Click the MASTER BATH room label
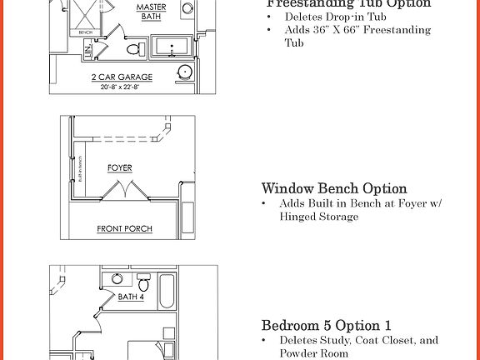coord(152,11)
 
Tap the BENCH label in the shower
coord(84,32)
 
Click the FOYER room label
coord(120,168)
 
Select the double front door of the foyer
coord(127,192)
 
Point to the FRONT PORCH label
coord(124,228)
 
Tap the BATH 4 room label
coord(131,296)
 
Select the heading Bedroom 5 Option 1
coord(326,325)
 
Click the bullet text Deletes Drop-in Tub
coord(323,17)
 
